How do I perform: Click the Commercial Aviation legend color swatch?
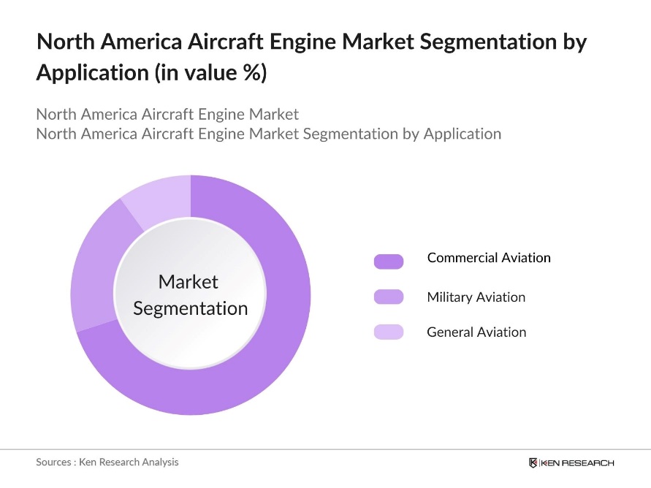click(388, 261)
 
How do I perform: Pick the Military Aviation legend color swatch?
click(388, 297)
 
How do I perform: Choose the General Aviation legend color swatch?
click(388, 332)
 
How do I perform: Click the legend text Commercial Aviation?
click(489, 258)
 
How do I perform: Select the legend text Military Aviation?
click(476, 297)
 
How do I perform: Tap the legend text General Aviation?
click(476, 332)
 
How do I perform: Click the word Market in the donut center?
click(189, 282)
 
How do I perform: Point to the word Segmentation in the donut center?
click(191, 308)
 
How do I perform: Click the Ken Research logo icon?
click(533, 462)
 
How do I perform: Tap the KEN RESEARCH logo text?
click(577, 462)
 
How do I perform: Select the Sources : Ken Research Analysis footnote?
click(107, 462)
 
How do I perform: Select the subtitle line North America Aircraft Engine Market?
click(167, 115)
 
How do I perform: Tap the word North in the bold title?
click(62, 42)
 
